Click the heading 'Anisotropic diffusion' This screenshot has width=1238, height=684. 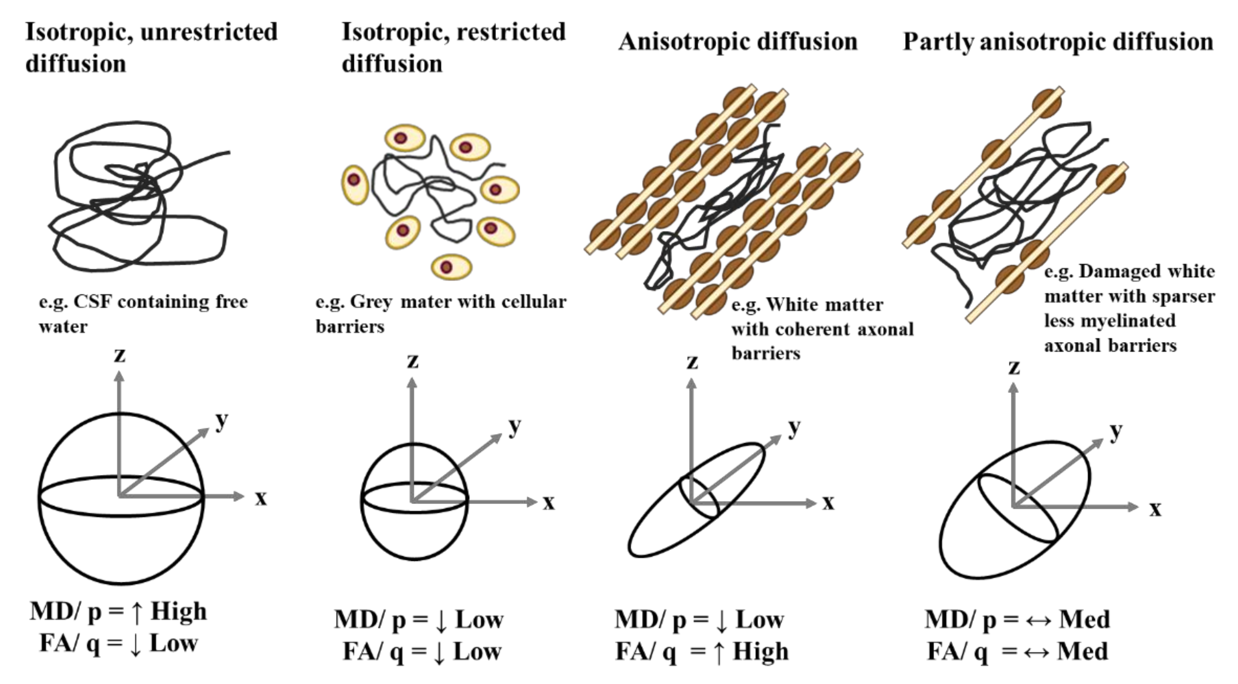tap(738, 41)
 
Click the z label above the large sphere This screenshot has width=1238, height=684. tap(119, 356)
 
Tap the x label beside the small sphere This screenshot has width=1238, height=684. tap(548, 503)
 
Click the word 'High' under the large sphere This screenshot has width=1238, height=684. tap(179, 611)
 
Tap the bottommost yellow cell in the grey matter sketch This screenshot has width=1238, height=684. tap(451, 267)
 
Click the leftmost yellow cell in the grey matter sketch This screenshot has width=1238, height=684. tap(355, 185)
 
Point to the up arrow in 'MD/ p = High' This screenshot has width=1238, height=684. tap(137, 612)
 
